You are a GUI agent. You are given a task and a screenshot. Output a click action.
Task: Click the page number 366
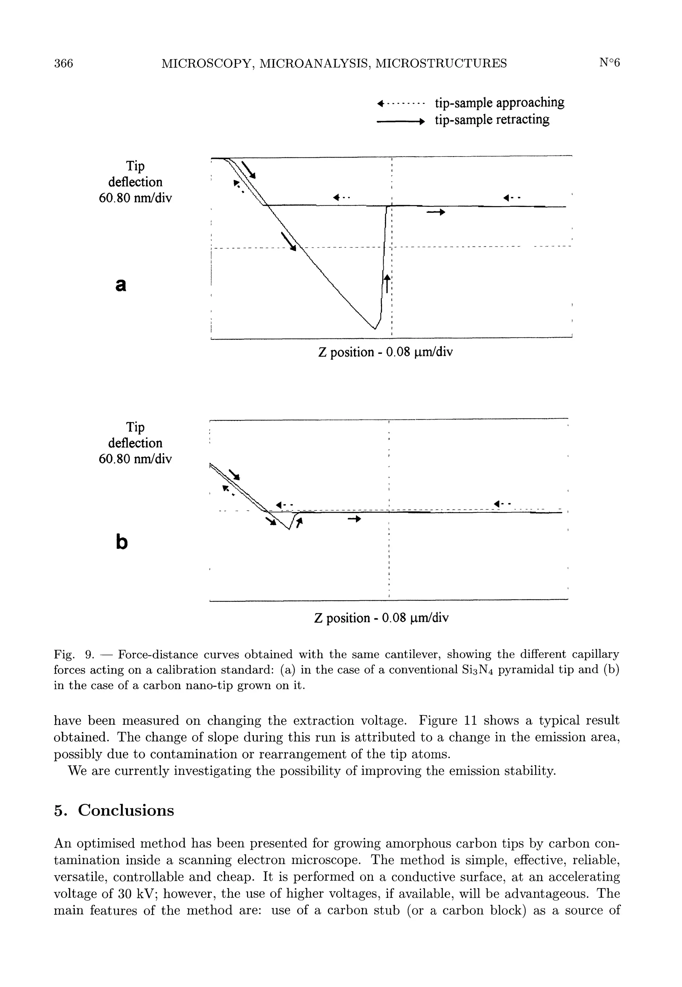(x=64, y=63)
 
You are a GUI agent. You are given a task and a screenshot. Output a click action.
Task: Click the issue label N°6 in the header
(x=609, y=63)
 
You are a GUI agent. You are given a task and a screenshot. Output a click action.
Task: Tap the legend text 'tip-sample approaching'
(x=499, y=103)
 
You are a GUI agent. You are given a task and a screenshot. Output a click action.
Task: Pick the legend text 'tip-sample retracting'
(x=492, y=120)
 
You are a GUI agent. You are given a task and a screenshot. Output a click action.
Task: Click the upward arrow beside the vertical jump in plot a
(x=387, y=283)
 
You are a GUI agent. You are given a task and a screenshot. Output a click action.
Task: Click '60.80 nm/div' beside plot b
(x=135, y=459)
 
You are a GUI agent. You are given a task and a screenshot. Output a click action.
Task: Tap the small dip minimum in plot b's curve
(x=290, y=529)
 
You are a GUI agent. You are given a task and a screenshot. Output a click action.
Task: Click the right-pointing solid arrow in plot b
(x=355, y=519)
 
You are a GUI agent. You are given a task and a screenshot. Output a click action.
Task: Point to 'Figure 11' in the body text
(x=448, y=721)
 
